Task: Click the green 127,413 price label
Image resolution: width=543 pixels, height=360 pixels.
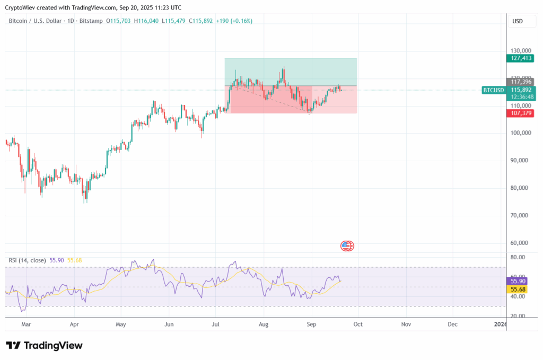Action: tap(518, 59)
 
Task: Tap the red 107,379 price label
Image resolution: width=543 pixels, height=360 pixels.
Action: tap(518, 113)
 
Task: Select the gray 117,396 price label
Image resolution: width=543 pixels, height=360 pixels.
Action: tap(518, 82)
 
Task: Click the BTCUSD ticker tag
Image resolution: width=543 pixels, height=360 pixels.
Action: tap(493, 90)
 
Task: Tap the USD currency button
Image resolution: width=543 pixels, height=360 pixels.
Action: tap(517, 21)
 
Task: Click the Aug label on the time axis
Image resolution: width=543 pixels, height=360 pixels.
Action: tap(263, 323)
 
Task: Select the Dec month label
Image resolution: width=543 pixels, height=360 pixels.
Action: tap(453, 323)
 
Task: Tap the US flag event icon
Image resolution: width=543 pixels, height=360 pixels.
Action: tap(347, 245)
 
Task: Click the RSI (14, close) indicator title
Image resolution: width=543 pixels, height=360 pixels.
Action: tap(28, 260)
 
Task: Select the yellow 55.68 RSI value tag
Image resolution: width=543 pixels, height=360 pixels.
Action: tap(518, 289)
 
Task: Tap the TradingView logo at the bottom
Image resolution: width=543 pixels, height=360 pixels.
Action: tap(45, 346)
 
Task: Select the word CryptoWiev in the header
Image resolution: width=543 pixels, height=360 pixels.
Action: tap(21, 7)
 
